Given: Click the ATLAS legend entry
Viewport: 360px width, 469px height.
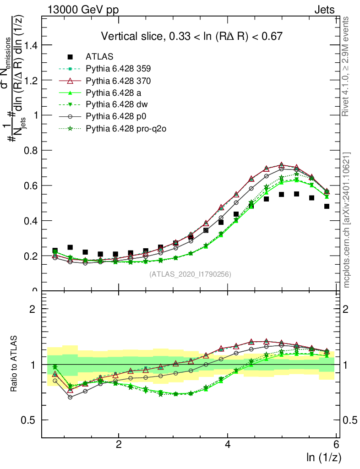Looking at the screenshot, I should (99, 57).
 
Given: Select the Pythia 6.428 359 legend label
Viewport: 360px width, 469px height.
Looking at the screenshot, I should (119, 69).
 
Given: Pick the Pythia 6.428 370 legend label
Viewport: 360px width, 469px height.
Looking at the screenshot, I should (119, 81).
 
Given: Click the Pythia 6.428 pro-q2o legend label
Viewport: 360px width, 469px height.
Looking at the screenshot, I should (125, 129).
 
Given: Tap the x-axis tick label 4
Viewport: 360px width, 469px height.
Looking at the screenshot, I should (228, 444).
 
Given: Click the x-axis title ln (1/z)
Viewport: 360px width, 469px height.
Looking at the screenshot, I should (324, 457).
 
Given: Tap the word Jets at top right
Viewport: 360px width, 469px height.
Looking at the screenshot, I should (324, 10).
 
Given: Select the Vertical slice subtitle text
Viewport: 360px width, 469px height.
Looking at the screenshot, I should (191, 36).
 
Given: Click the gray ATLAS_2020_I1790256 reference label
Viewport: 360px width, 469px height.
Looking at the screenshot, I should (190, 274).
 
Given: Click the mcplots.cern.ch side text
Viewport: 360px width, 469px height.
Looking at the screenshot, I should (347, 220).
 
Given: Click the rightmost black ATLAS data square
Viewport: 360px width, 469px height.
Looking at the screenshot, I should (327, 206).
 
